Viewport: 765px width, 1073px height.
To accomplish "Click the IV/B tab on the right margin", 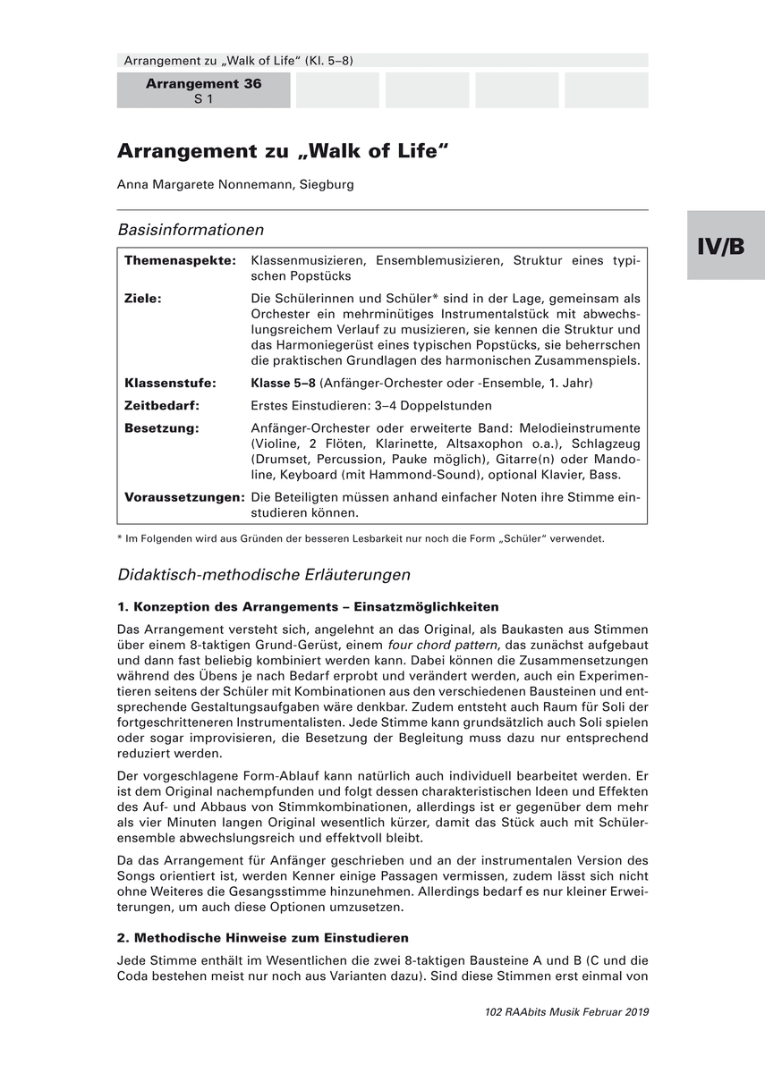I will (x=726, y=246).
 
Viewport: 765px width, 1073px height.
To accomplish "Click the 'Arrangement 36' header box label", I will (x=203, y=83).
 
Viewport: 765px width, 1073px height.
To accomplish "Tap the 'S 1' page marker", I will (x=203, y=99).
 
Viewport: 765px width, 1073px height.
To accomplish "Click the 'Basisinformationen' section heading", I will (x=191, y=230).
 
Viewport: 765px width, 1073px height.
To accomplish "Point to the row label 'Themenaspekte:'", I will (x=180, y=260).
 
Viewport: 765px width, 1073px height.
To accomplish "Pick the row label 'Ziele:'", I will (x=143, y=299).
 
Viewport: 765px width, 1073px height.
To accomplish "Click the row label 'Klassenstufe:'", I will (x=170, y=383).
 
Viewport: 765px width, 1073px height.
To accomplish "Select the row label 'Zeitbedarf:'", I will (x=162, y=405).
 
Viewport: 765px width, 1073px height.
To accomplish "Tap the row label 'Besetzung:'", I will (x=162, y=427).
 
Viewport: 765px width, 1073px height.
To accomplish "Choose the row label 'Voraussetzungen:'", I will (x=184, y=495).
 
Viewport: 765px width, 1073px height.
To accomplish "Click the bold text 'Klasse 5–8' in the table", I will (x=284, y=383).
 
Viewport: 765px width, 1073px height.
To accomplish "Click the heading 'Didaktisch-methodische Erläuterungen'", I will (x=264, y=574).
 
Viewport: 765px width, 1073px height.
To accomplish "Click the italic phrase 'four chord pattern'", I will (x=442, y=645).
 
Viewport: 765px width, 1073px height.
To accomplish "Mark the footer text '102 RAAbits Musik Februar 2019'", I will (x=565, y=1011).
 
